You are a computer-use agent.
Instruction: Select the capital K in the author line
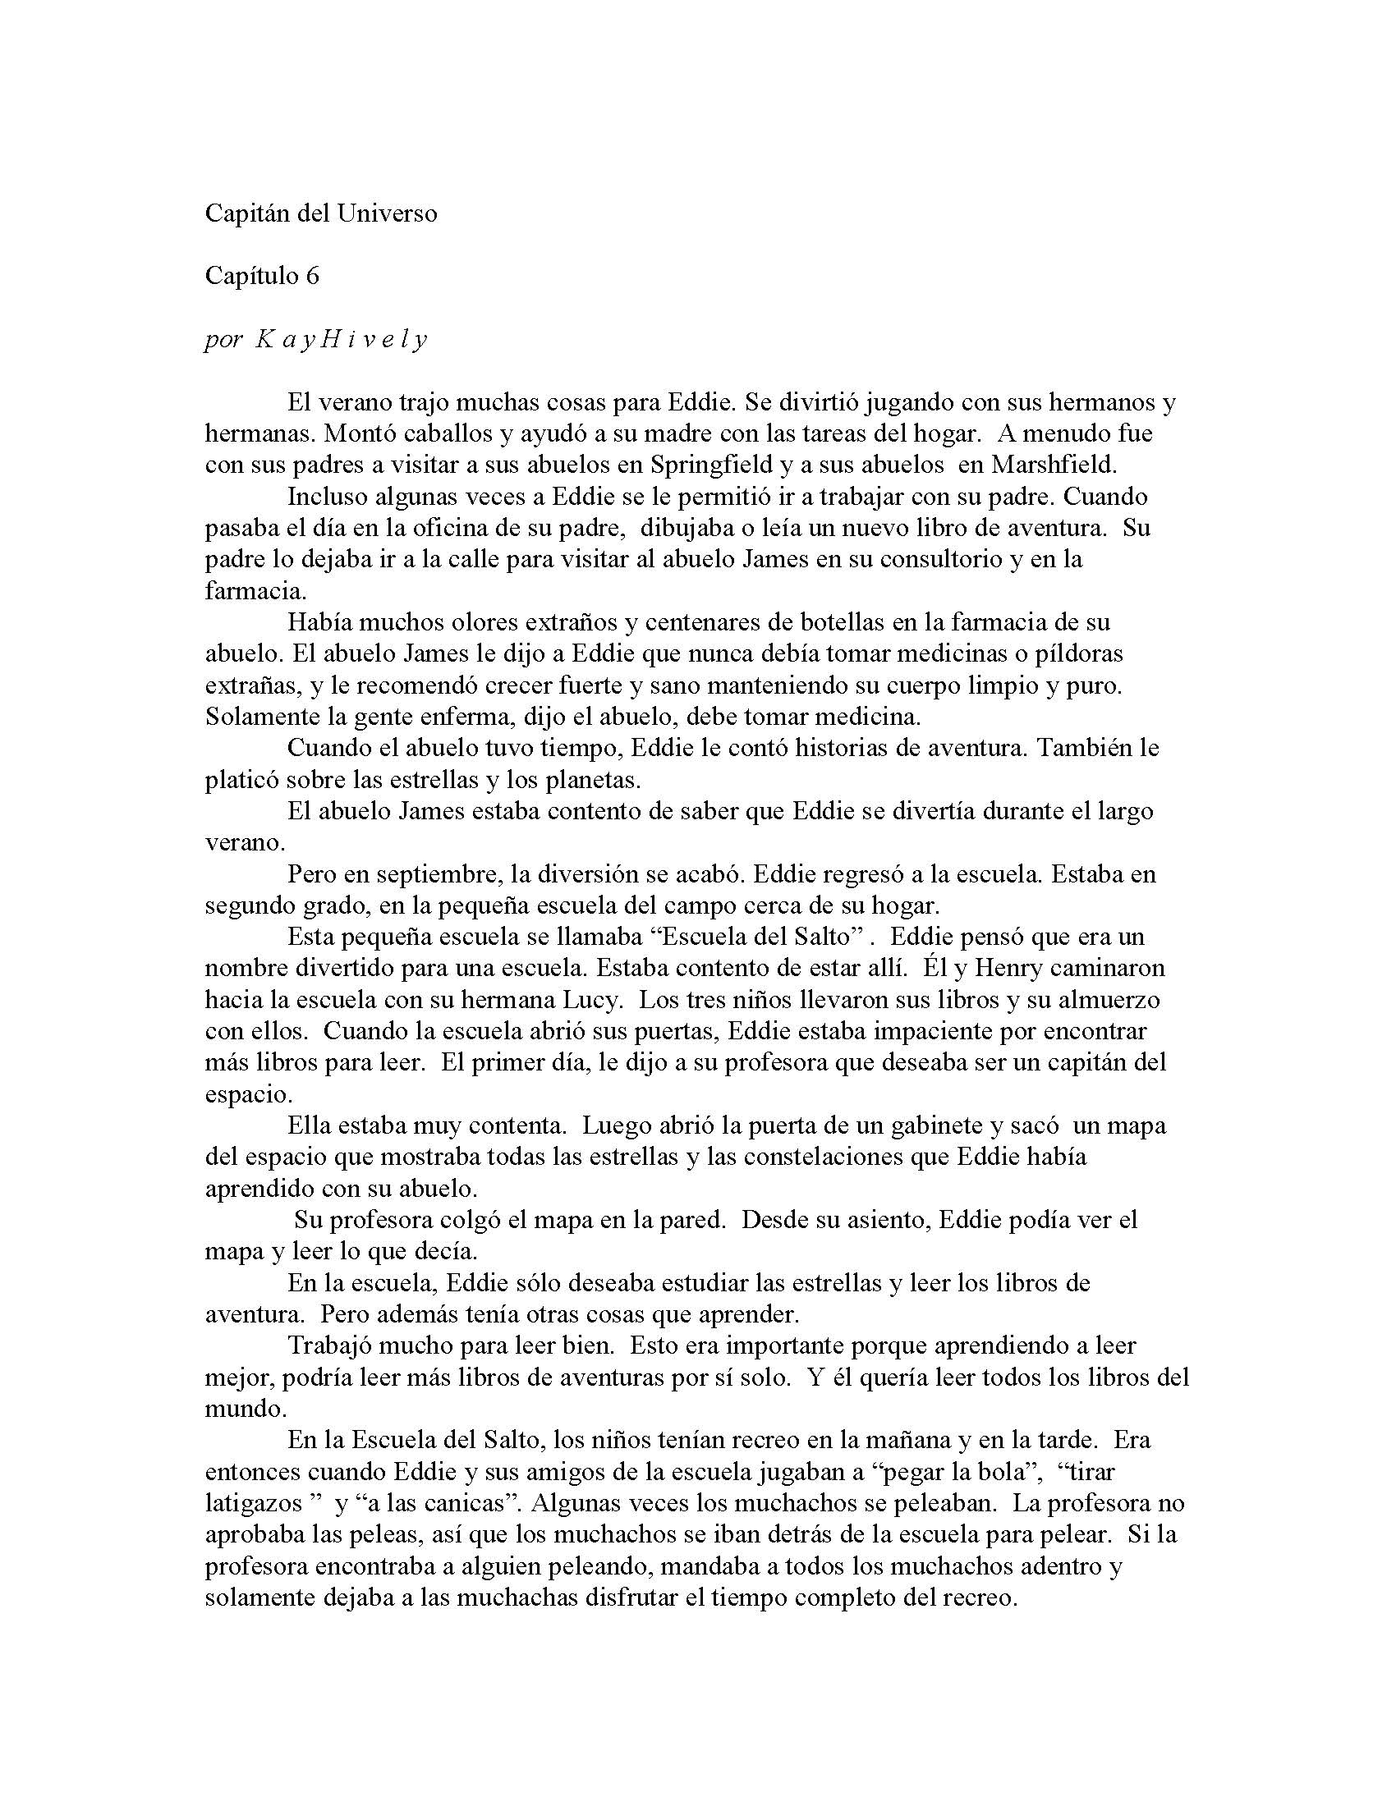click(x=263, y=339)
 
